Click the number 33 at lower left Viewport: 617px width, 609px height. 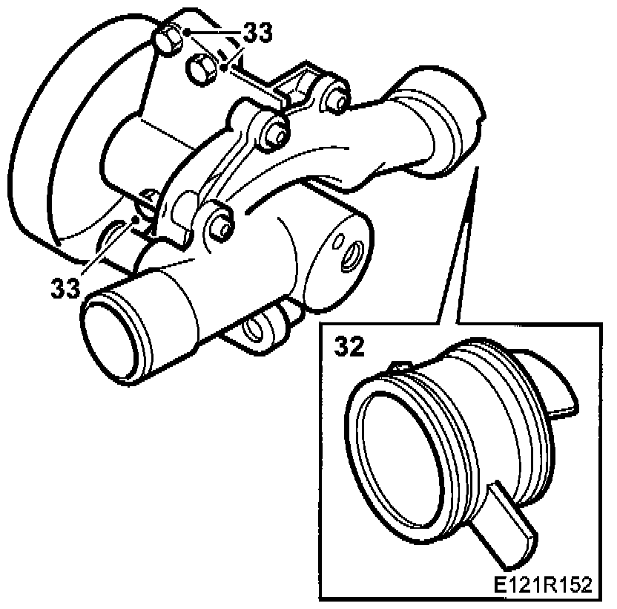(65, 287)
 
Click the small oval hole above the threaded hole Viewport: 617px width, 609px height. (339, 240)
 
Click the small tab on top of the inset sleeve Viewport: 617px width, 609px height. (401, 365)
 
